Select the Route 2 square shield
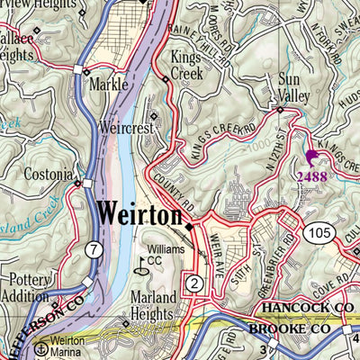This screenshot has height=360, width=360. [193, 283]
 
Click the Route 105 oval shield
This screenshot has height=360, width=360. [321, 235]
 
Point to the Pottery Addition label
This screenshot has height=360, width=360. [31, 288]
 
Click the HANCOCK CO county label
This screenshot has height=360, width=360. [306, 308]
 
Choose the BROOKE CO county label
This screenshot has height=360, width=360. [297, 330]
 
